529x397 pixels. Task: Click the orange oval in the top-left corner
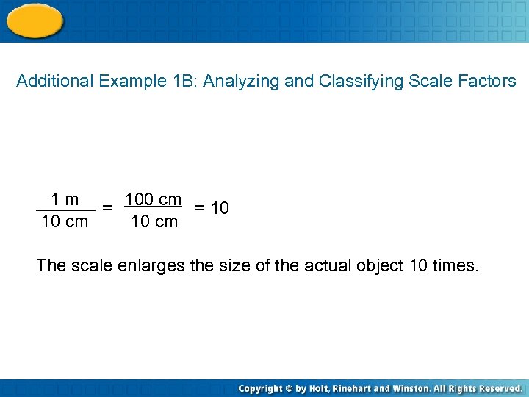(34, 20)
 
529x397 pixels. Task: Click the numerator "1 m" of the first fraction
(65, 199)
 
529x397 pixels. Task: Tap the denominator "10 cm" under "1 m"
(65, 221)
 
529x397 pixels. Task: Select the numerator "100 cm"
(153, 199)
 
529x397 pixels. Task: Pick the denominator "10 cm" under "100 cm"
(154, 221)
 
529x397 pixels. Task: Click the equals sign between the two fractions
(107, 208)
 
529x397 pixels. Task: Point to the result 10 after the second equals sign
(220, 209)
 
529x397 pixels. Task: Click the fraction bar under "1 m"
(65, 211)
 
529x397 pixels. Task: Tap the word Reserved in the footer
(497, 388)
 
